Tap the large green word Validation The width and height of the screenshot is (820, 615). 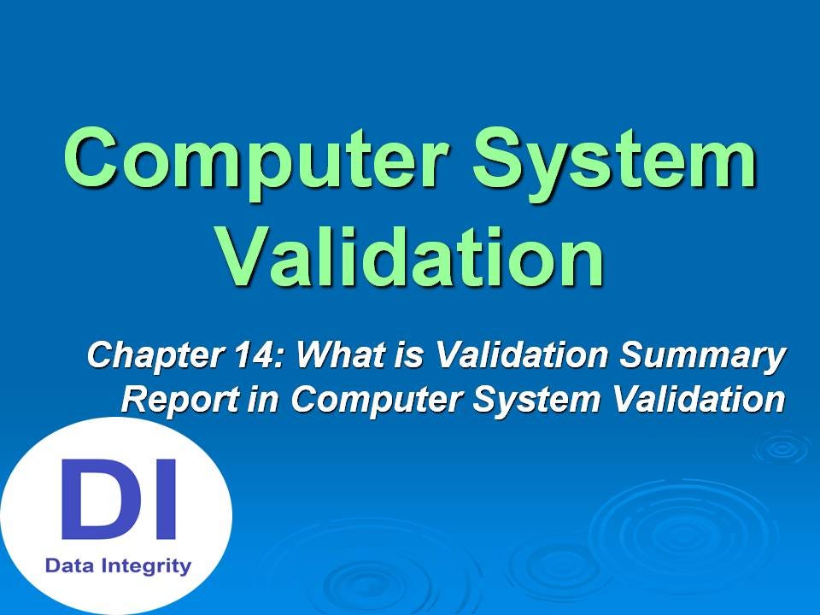[410, 255]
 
